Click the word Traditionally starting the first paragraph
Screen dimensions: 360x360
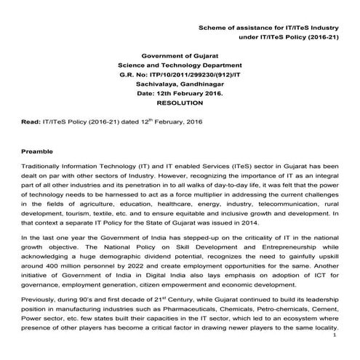(46, 167)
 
